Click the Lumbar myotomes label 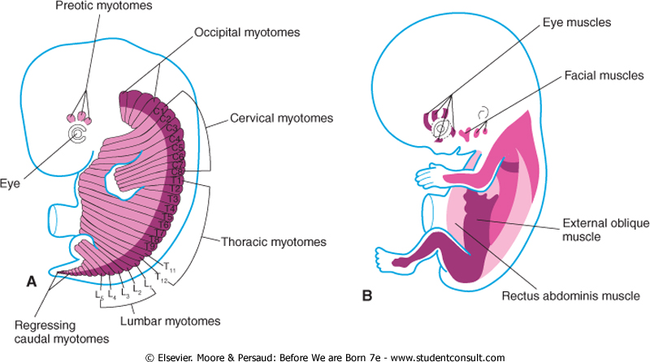170,321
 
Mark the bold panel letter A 31,282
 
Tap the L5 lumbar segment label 98,294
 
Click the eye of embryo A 79,135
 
